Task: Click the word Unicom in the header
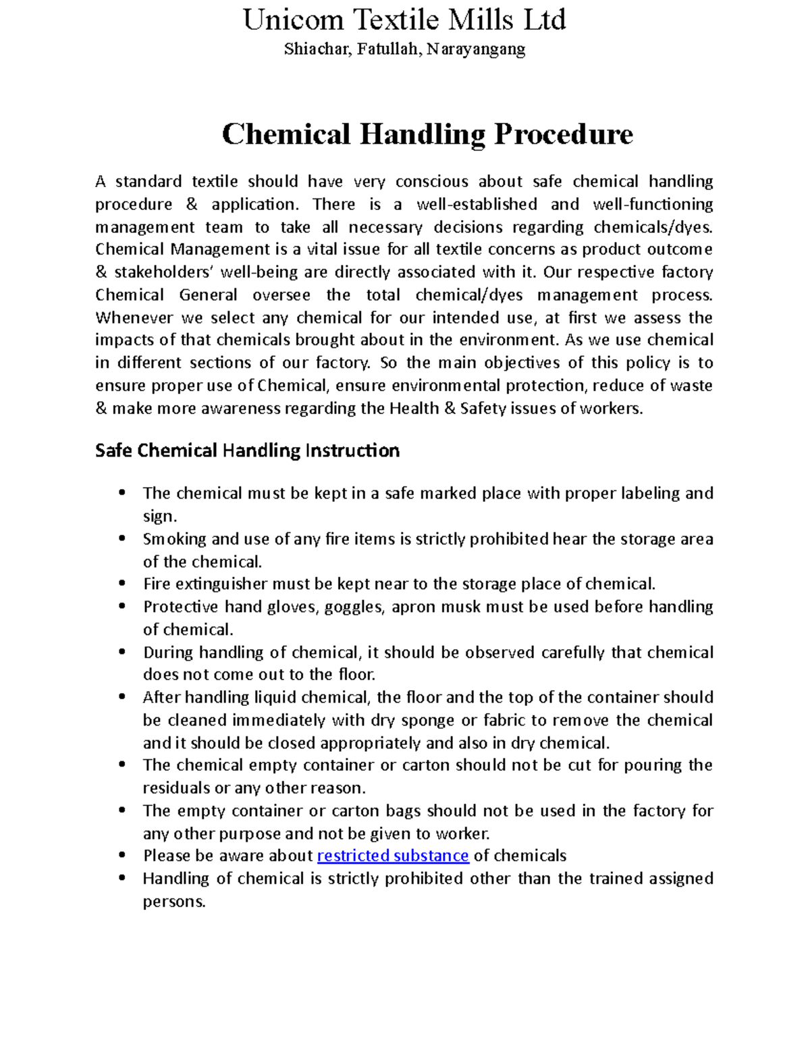(293, 20)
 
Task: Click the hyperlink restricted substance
(393, 856)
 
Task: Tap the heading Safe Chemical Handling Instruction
(247, 451)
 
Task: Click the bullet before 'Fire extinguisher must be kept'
(122, 584)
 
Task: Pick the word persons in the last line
(173, 902)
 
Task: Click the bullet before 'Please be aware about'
(122, 855)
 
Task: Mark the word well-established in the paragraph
(477, 204)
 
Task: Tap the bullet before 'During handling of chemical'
(122, 652)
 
